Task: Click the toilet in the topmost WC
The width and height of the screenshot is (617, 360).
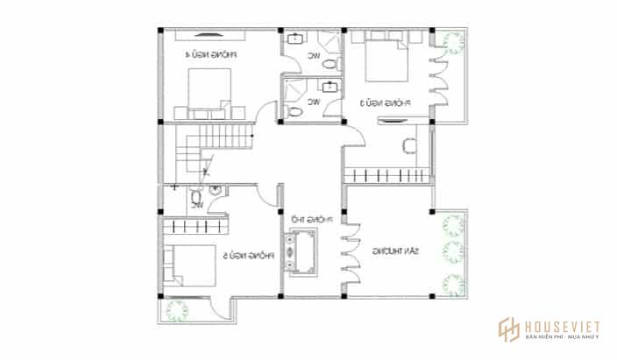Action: (x=329, y=65)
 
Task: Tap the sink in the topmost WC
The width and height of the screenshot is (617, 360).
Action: (x=295, y=38)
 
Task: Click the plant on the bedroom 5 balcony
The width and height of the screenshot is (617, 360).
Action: (x=175, y=311)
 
